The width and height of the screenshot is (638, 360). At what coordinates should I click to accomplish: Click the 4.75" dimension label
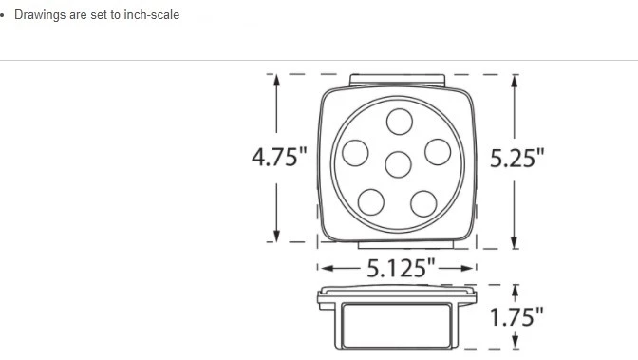tap(279, 158)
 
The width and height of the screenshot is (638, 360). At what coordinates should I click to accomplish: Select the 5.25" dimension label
tap(517, 158)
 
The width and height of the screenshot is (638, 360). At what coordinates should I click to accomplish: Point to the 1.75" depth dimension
tap(517, 316)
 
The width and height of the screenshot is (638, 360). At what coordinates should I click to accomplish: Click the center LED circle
tap(399, 164)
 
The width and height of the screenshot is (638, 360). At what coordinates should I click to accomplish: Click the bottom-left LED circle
tap(371, 201)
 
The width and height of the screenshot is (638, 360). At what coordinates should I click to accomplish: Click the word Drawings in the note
tap(40, 15)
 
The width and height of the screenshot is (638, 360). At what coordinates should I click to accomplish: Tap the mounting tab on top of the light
tap(397, 80)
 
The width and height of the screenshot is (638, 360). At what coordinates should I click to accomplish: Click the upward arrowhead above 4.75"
tap(277, 81)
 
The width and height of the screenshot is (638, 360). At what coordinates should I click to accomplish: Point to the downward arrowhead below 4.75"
tap(277, 236)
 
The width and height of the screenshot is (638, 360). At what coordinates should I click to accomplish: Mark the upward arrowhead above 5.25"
tap(515, 81)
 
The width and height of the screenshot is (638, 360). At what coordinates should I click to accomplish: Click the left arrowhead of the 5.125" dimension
tap(323, 269)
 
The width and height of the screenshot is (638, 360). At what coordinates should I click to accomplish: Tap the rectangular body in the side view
tap(396, 325)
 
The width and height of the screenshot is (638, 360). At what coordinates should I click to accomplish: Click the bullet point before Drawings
tap(3, 16)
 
